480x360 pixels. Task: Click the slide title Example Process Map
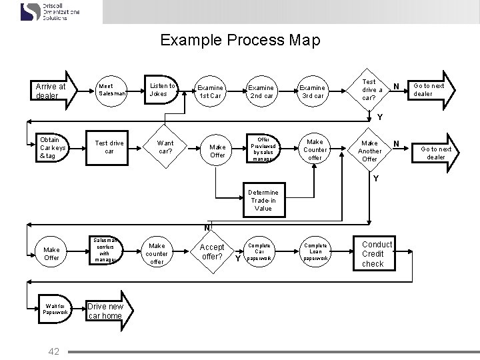(240, 40)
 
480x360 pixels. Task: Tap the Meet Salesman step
(109, 89)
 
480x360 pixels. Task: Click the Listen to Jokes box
(162, 90)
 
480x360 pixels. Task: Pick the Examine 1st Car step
(211, 91)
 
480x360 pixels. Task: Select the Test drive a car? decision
(371, 89)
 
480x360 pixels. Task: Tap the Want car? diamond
(165, 147)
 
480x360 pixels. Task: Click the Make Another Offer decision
(369, 151)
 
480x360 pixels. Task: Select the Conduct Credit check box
(376, 254)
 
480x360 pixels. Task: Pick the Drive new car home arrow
(107, 311)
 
